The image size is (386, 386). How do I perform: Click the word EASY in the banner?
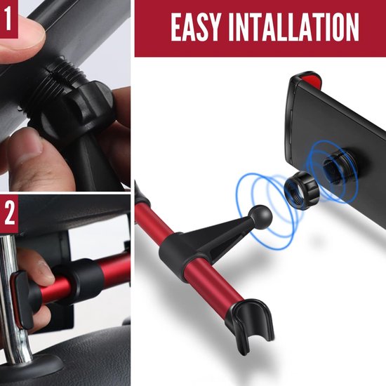pos(194,27)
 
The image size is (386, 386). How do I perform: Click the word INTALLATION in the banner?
pos(293,27)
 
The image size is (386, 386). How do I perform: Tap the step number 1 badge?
pos(8,19)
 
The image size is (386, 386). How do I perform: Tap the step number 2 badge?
pos(9,213)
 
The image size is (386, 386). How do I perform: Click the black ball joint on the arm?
pos(260,217)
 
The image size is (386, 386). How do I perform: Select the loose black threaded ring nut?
pos(302,190)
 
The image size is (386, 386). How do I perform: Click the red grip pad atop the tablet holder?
pos(310,79)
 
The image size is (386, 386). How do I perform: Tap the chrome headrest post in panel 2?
pos(11,295)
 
